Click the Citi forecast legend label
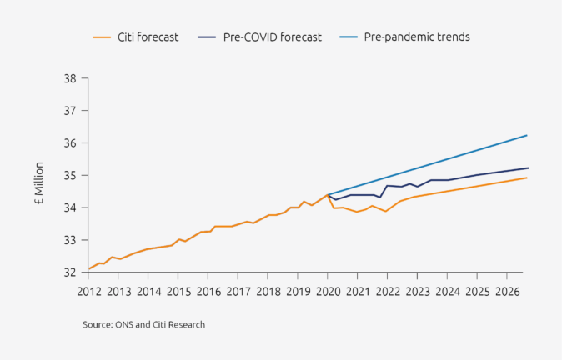(148, 37)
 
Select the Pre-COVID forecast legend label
(272, 37)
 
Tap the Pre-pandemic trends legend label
(417, 37)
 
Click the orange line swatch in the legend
(102, 37)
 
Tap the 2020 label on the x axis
(328, 292)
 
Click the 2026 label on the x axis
(507, 292)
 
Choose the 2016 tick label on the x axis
(208, 292)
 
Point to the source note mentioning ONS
(143, 324)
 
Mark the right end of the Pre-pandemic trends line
(527, 135)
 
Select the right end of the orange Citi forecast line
(527, 177)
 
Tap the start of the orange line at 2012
(89, 269)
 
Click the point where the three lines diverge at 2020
(328, 194)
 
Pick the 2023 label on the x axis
(418, 292)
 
